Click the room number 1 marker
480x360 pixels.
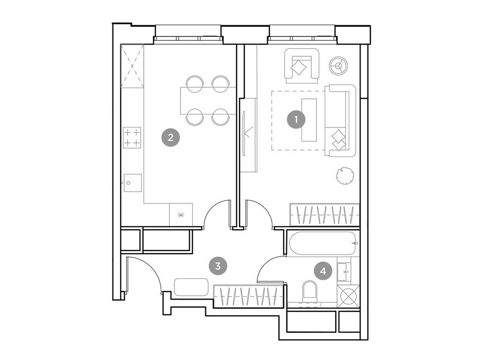point(296,120)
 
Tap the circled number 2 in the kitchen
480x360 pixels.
point(171,137)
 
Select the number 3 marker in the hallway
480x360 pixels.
point(217,266)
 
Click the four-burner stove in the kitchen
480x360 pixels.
point(132,137)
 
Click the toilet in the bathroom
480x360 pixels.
point(310,290)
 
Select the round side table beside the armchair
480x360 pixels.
point(338,66)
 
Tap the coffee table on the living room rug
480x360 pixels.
point(309,120)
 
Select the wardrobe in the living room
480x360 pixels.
point(324,215)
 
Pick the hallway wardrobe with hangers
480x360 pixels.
point(248,296)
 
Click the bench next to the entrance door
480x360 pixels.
point(191,287)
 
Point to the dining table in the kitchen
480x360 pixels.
point(208,101)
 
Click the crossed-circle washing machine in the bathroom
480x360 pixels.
point(348,297)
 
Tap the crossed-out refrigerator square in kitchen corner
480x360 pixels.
point(132,66)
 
